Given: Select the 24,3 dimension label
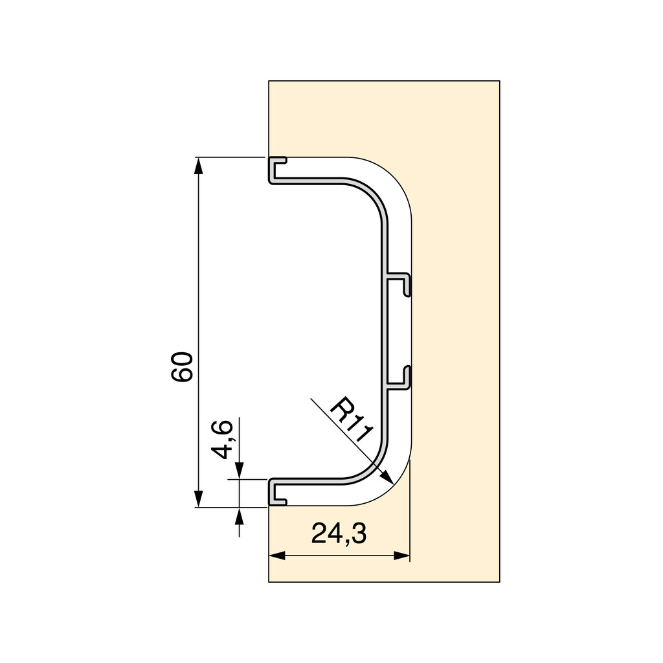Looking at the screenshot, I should point(339,534).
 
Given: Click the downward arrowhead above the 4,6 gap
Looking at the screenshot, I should point(240,472).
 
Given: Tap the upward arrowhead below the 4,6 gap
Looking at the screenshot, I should point(240,515).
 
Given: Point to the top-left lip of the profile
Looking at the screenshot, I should point(277,168).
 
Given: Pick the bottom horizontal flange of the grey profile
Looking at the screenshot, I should point(311,482).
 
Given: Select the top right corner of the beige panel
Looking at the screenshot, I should point(499,81).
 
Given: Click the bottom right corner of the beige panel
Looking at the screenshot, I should point(499,581).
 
